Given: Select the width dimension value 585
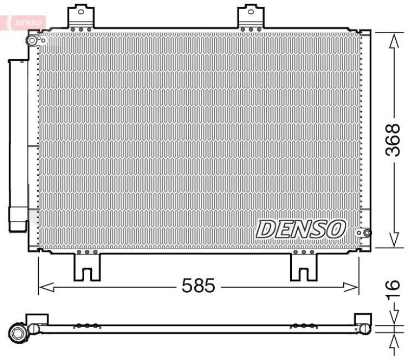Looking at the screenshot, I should pos(198,286).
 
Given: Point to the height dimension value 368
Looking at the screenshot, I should pos(393,140).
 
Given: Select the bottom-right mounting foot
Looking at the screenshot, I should pos(303,266).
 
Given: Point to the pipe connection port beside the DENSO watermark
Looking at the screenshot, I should pos(363,233).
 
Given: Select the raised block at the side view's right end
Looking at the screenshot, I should pos(363,319).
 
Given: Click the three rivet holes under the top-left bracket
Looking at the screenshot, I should pos(81,30).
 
